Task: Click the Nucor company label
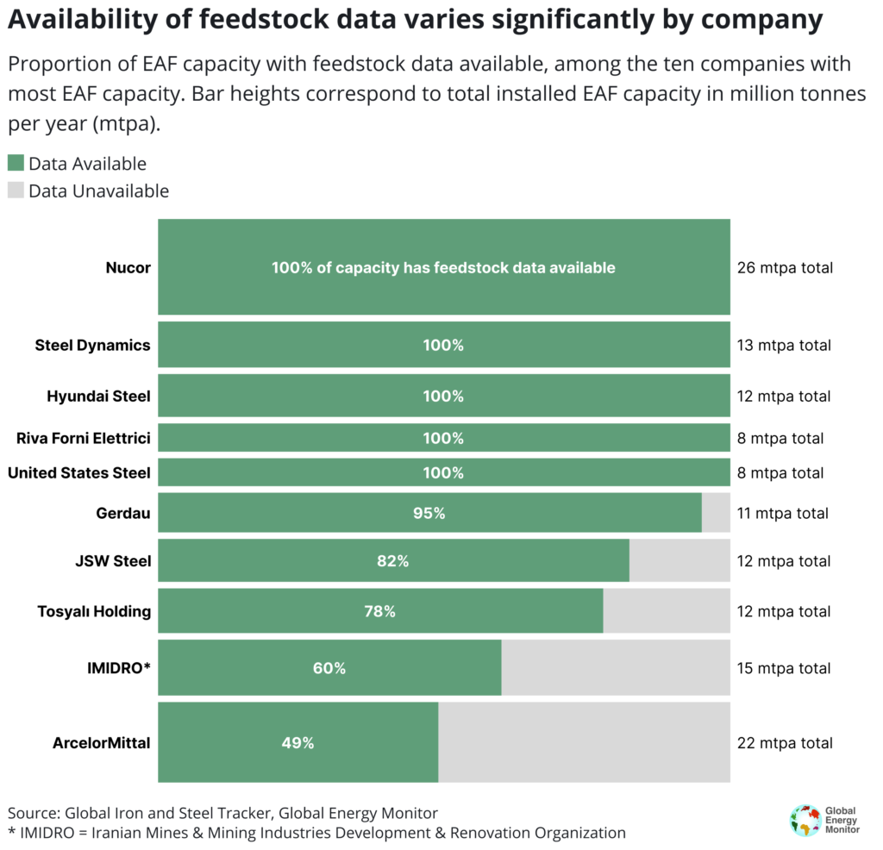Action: (128, 267)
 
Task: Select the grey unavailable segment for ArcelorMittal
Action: (584, 742)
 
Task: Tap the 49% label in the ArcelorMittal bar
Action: (297, 742)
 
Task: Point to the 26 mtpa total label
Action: (785, 267)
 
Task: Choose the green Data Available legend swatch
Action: (16, 163)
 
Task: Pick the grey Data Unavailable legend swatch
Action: (16, 191)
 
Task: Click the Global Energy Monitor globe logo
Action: (805, 820)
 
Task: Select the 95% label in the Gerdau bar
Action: (429, 513)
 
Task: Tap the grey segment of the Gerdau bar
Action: (716, 513)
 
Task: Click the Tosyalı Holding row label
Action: (94, 611)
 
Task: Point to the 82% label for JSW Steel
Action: (392, 561)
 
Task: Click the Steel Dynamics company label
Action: (92, 345)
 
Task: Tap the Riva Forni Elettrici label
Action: (84, 438)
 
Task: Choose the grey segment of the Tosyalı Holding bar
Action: (666, 611)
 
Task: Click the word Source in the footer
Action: (32, 812)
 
